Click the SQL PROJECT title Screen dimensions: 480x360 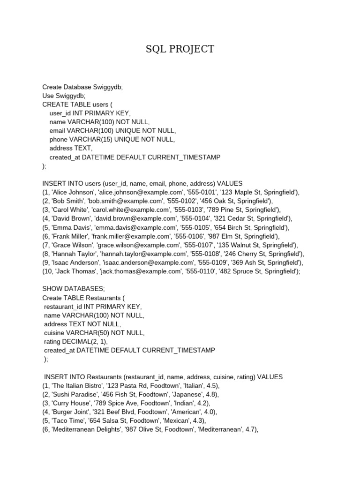[x=180, y=49]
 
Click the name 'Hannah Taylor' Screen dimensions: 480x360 [x=73, y=254]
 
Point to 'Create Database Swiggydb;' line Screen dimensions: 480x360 [x=82, y=87]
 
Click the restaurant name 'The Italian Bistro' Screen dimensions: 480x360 [x=76, y=386]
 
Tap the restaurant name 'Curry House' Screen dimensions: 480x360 [x=70, y=403]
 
